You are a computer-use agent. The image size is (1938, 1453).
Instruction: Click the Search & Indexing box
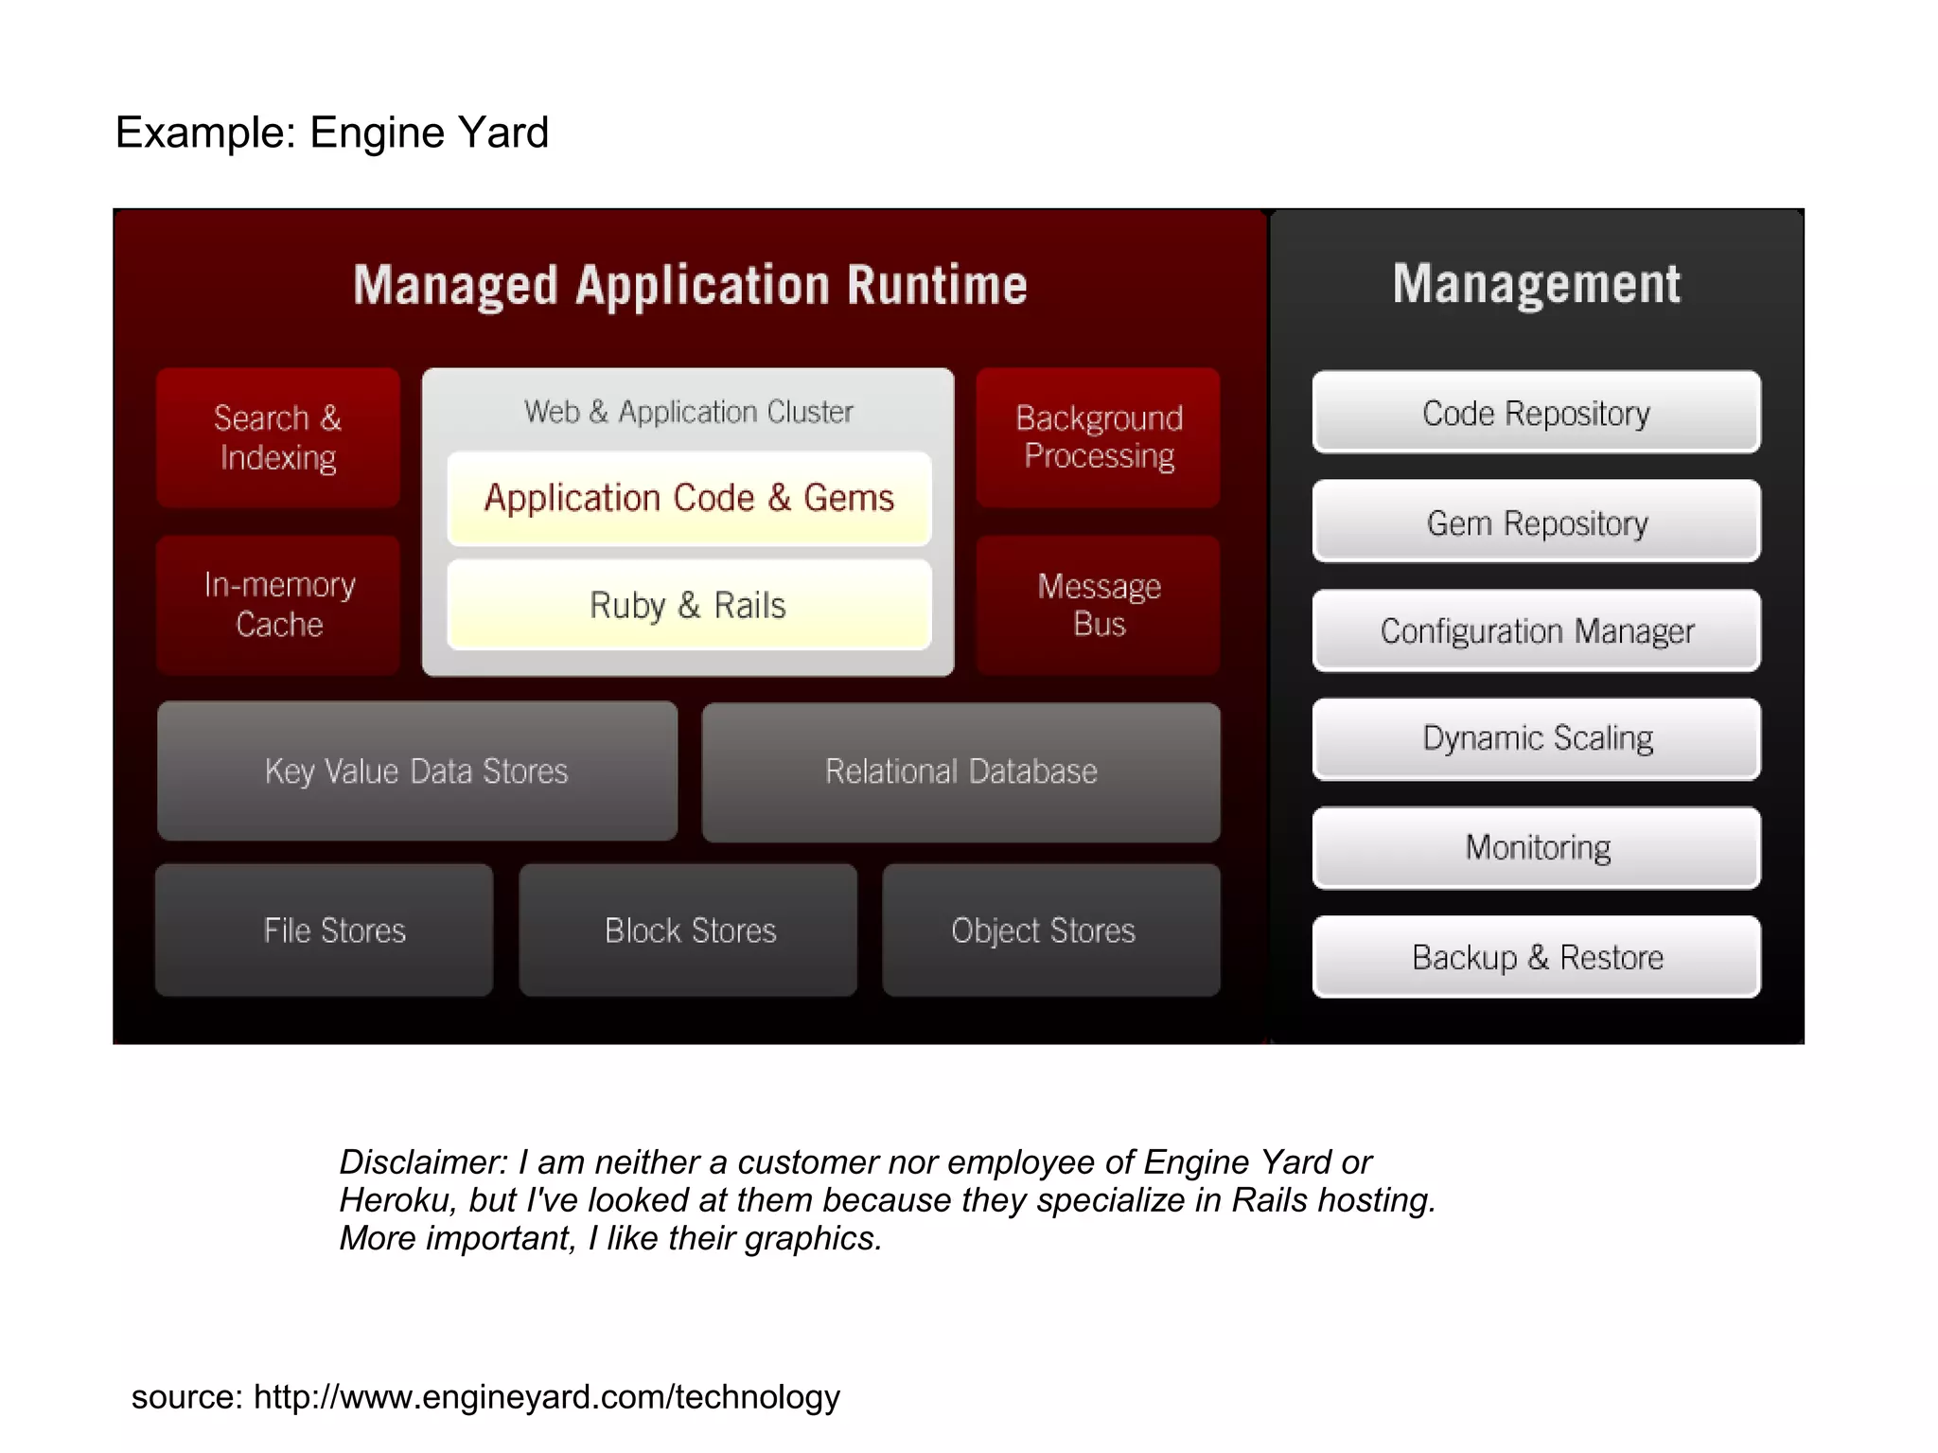[277, 437]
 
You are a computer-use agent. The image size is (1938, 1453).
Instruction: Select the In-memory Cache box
[278, 605]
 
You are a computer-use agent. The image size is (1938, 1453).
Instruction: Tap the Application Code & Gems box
[689, 498]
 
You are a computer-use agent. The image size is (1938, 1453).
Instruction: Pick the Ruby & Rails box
[689, 605]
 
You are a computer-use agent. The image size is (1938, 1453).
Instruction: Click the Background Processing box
[1098, 437]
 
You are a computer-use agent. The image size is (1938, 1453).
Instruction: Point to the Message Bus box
[1098, 605]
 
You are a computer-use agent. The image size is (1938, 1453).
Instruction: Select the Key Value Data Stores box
[417, 771]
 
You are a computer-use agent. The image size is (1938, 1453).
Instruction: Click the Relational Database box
[960, 771]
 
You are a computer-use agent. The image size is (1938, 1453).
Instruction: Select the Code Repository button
[1536, 413]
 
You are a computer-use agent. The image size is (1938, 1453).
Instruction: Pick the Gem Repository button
[1536, 522]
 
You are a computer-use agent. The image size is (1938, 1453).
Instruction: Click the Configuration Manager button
[1536, 630]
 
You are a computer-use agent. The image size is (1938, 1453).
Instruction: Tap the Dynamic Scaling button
[1536, 738]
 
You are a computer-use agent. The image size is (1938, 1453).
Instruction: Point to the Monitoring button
[1536, 847]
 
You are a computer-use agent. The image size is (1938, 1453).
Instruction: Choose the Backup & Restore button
[1536, 956]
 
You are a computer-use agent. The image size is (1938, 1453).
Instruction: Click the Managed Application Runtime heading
[690, 285]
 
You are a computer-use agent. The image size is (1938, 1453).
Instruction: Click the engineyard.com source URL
[546, 1396]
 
